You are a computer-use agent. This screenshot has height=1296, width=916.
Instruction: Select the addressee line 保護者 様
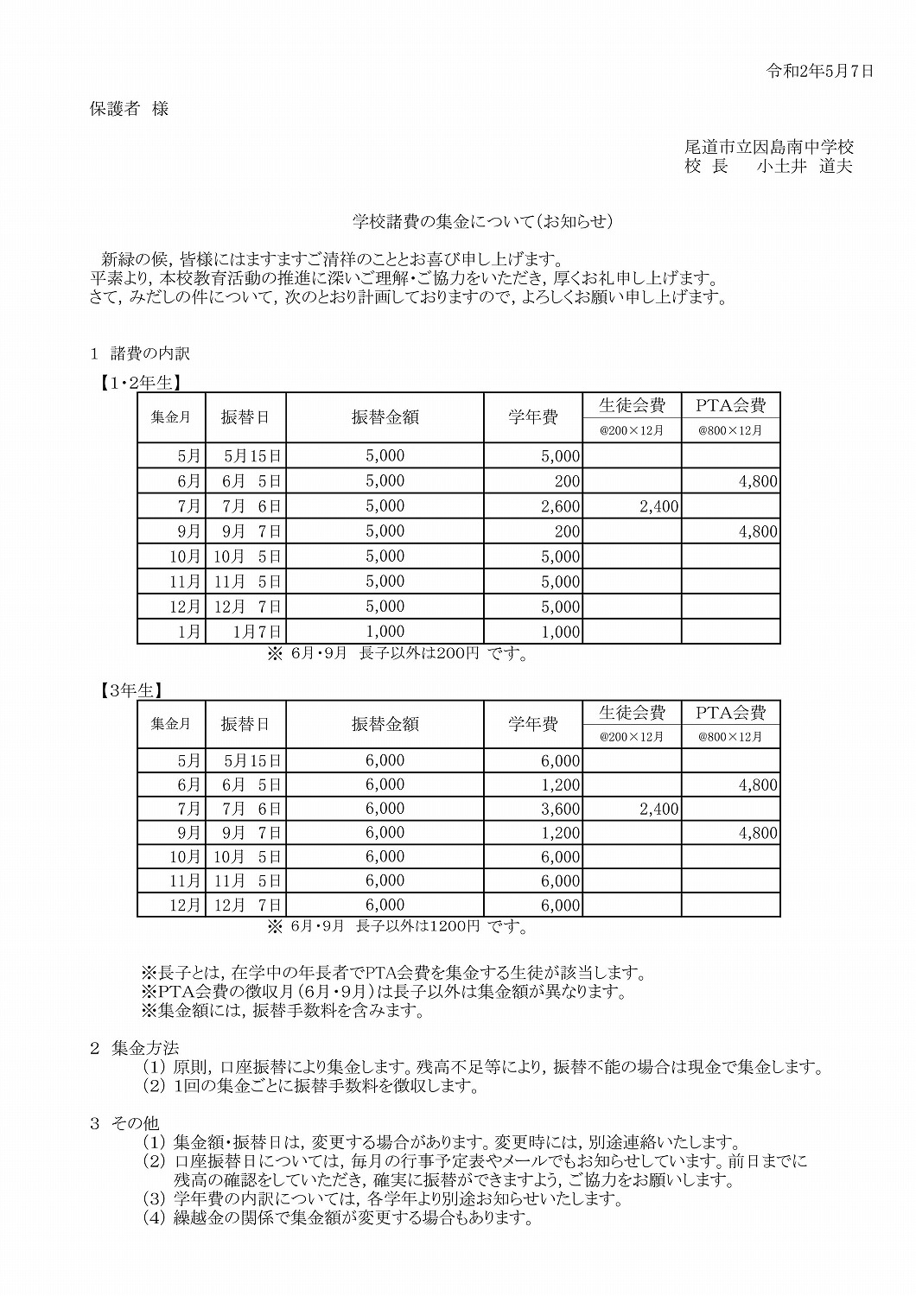(130, 109)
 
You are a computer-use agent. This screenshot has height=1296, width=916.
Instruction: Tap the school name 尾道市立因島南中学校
(768, 147)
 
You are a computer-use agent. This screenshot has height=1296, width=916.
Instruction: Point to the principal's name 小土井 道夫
(804, 167)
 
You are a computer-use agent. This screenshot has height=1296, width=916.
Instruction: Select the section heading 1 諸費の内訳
(140, 353)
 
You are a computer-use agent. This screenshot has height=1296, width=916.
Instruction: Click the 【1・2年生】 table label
(137, 381)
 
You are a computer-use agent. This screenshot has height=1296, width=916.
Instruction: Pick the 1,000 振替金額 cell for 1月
(385, 631)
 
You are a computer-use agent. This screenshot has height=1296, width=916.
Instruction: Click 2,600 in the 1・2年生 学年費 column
(560, 506)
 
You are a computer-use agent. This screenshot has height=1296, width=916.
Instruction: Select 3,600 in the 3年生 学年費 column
(560, 810)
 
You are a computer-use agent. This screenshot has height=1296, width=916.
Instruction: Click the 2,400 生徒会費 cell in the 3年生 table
(658, 810)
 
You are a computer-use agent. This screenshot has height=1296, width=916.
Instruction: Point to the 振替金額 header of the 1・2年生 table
(385, 417)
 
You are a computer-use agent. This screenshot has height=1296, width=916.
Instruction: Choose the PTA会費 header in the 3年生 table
(730, 713)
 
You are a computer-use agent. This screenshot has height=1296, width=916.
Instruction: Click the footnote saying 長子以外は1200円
(398, 927)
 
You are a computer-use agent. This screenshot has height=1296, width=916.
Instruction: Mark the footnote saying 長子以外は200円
(398, 654)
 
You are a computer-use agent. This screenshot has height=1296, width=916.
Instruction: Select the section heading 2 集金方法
(135, 1048)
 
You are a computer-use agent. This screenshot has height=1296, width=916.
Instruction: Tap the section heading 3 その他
(125, 1123)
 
